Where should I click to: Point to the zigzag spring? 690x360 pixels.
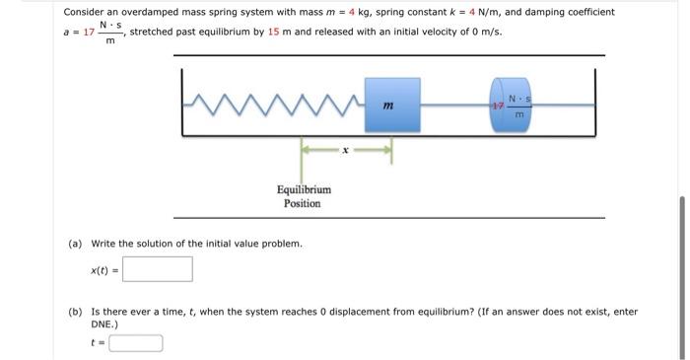click(276, 103)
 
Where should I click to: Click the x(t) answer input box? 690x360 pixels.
click(158, 269)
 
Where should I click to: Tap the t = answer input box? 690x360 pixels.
click(136, 343)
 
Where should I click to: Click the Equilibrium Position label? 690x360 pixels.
click(303, 195)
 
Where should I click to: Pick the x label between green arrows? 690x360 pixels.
click(346, 151)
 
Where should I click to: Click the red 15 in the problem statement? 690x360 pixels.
click(274, 33)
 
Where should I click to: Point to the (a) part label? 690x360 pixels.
click(75, 243)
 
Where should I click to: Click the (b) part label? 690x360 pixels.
click(75, 312)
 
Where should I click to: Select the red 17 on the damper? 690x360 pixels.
click(498, 104)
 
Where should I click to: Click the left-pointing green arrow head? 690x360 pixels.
click(306, 151)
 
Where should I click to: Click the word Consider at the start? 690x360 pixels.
click(86, 12)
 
